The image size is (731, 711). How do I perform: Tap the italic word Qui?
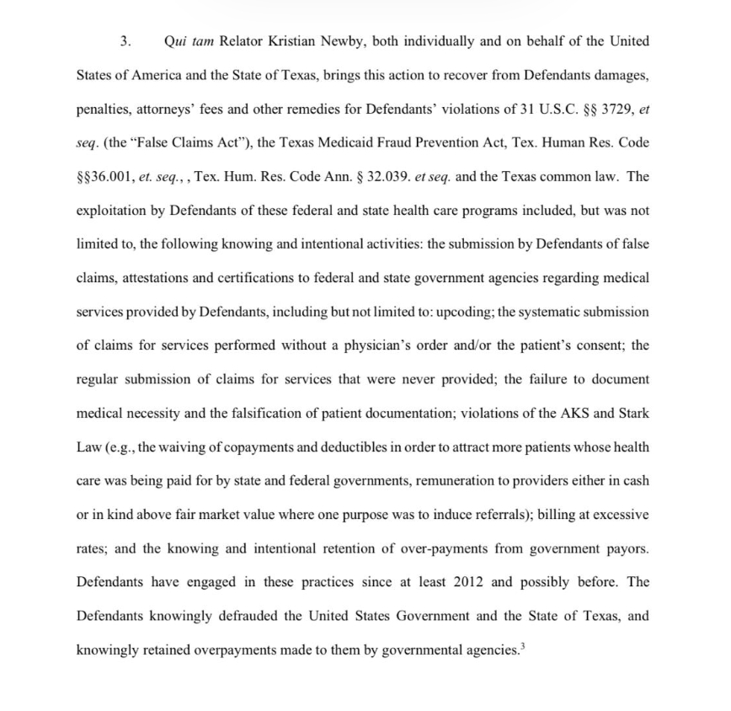pos(174,40)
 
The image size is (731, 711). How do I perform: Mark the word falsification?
pos(240,413)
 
